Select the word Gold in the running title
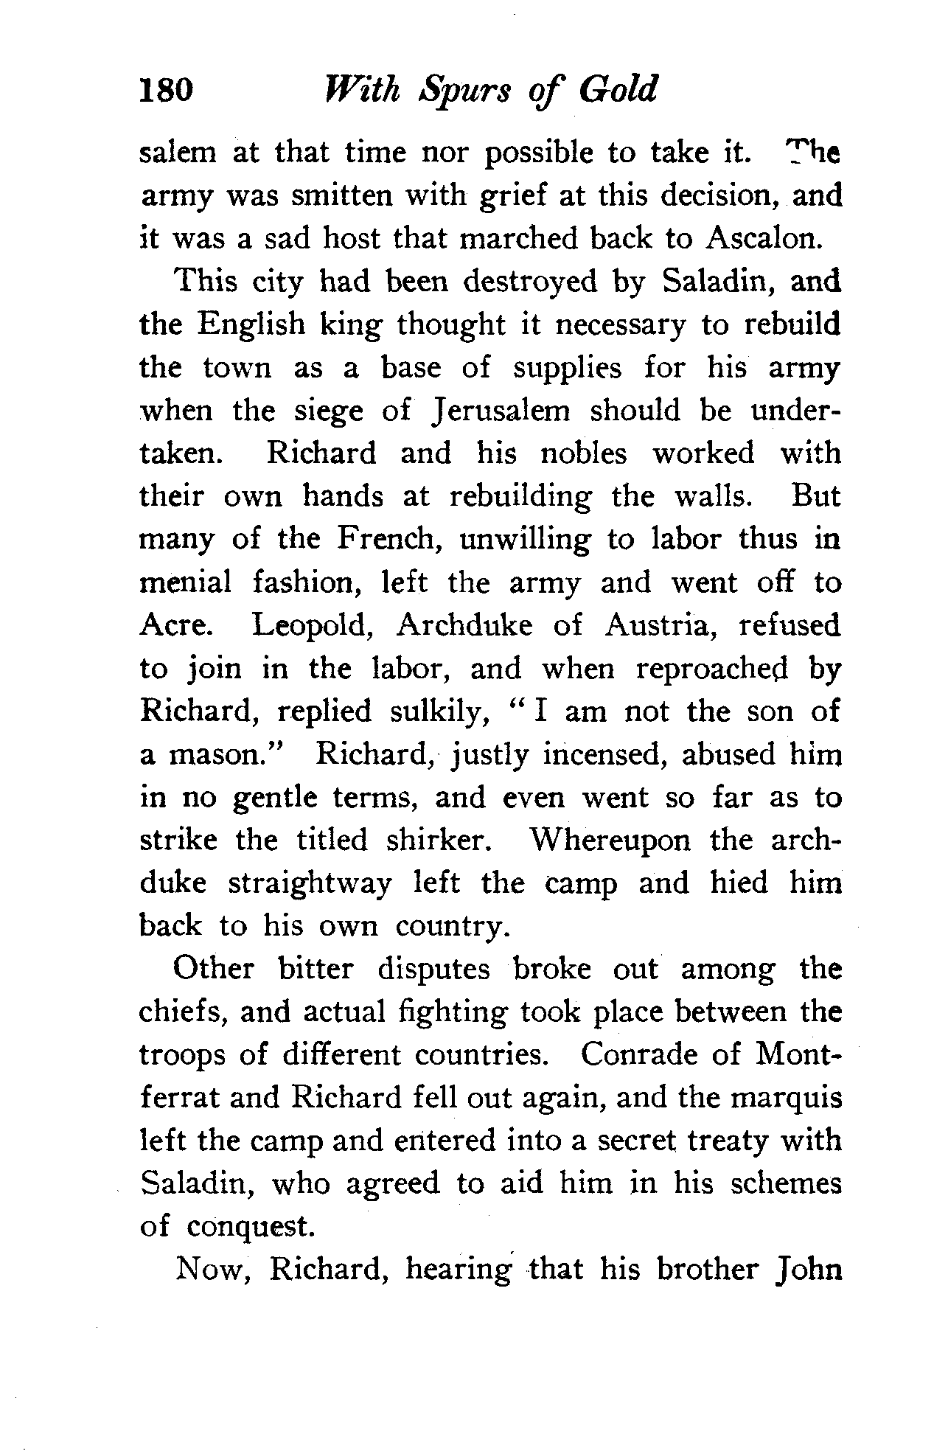pyautogui.click(x=618, y=90)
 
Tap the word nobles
pyautogui.click(x=583, y=453)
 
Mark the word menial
pyautogui.click(x=185, y=582)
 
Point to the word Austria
pyautogui.click(x=663, y=626)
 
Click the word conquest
pyautogui.click(x=251, y=1227)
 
